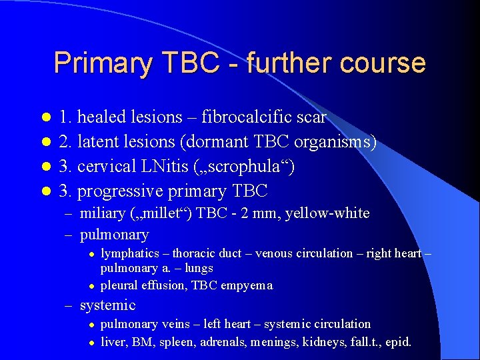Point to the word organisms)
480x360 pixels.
pos(336,142)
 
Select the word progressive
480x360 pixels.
pos(122,191)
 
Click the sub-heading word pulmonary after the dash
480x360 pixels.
pos(114,235)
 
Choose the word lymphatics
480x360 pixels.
pos(130,253)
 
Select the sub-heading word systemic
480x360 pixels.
pos(107,305)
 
